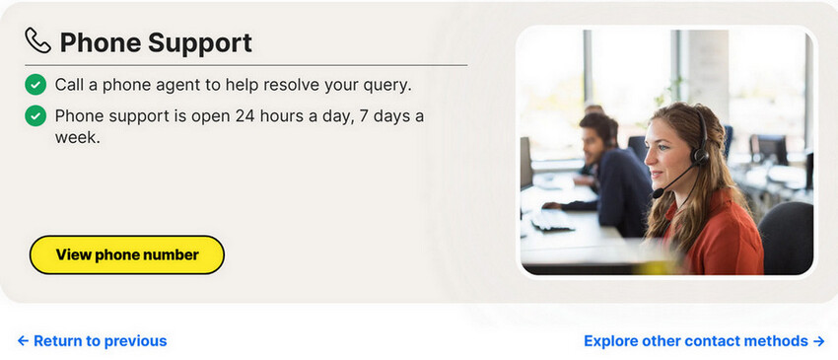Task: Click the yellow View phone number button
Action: point(126,254)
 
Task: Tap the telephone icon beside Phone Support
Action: point(37,40)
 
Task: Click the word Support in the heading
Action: point(200,43)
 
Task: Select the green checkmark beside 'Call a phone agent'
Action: point(35,85)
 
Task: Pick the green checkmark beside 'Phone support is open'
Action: point(35,115)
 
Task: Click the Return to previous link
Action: point(92,340)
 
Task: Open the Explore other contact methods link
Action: point(704,340)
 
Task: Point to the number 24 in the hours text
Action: point(244,115)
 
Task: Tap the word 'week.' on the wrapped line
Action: point(78,137)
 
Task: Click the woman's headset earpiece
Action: point(700,155)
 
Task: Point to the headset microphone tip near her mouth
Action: point(658,193)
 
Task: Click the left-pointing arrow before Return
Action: point(23,340)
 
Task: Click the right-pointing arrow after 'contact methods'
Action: point(819,340)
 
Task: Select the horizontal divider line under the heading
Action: point(246,65)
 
